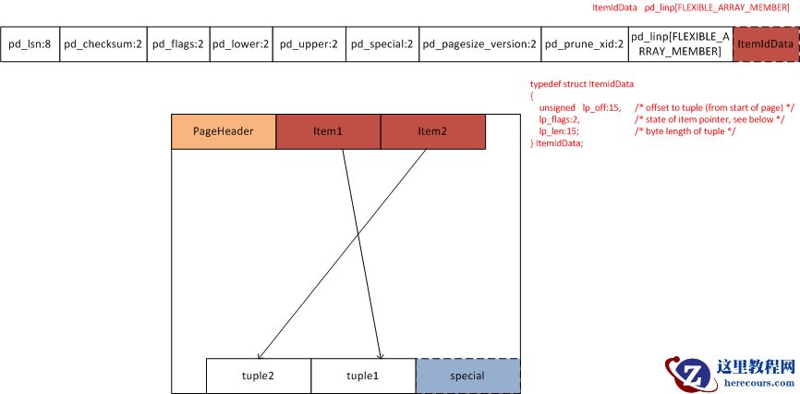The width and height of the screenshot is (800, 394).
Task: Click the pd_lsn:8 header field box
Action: [x=30, y=43]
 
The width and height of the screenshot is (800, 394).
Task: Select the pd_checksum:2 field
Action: [x=103, y=43]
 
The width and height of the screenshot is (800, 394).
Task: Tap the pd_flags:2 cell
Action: [x=177, y=43]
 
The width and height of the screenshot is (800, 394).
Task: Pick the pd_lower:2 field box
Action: [x=240, y=43]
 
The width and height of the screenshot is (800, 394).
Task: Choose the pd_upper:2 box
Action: [x=309, y=43]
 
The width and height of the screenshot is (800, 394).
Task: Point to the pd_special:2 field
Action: [x=382, y=43]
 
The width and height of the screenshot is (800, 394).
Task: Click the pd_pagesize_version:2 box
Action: [x=479, y=43]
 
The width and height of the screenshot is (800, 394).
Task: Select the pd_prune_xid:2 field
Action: [x=583, y=43]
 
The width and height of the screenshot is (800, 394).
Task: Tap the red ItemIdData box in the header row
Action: [x=765, y=43]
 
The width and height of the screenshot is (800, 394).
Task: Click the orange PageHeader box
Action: [x=223, y=131]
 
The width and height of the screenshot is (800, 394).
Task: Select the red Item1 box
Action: [x=328, y=131]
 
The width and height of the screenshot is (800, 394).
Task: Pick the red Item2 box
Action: [x=432, y=131]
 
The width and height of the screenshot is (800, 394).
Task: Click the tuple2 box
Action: [x=258, y=376]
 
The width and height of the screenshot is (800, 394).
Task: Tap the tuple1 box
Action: [x=363, y=376]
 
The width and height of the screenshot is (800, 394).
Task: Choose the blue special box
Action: [x=467, y=376]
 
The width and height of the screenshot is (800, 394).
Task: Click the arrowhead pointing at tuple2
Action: [x=260, y=357]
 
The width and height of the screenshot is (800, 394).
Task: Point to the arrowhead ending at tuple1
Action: [x=381, y=356]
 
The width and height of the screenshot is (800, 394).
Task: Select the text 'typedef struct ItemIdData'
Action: [x=581, y=84]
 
